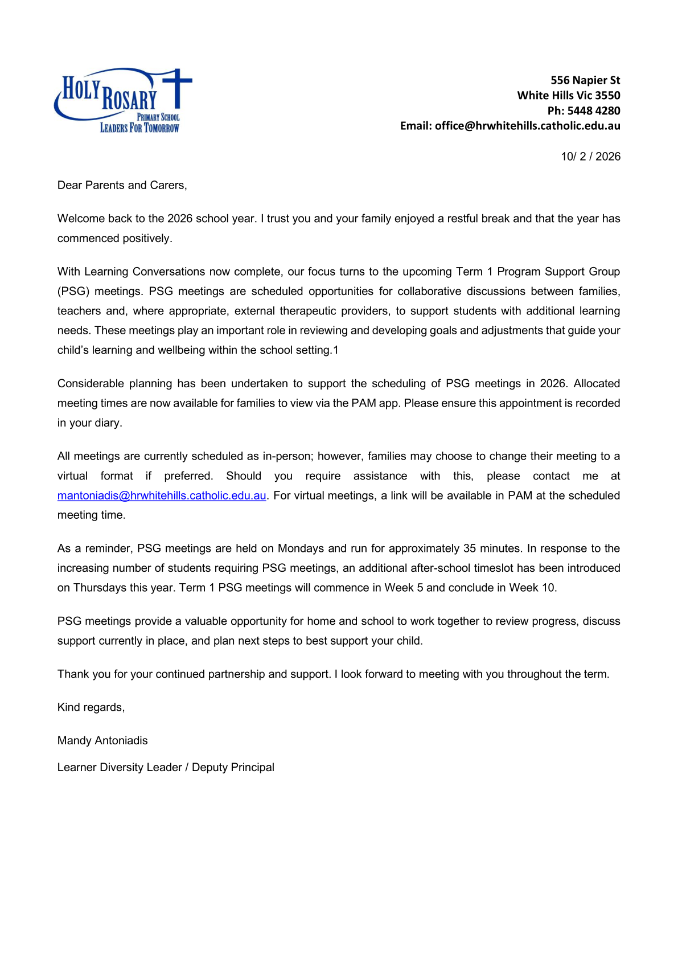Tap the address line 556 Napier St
click(x=585, y=80)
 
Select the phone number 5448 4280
click(x=594, y=110)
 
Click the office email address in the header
click(x=527, y=126)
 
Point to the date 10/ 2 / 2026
click(x=590, y=157)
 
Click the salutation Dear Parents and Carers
click(x=122, y=185)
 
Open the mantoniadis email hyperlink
click(x=162, y=495)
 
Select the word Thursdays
click(x=100, y=588)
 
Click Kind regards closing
click(x=91, y=707)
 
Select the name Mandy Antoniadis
click(x=102, y=740)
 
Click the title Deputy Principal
click(x=233, y=767)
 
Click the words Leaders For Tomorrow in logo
click(x=139, y=128)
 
